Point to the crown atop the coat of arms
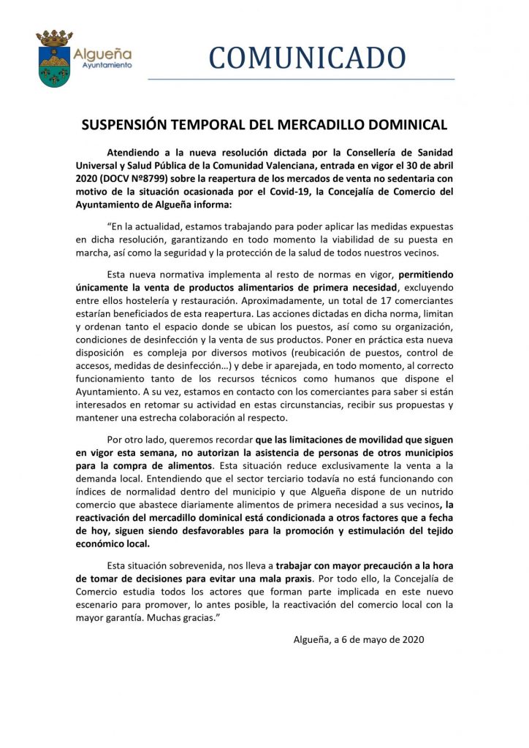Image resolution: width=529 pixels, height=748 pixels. click(53, 37)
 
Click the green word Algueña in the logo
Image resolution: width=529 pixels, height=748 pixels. click(103, 53)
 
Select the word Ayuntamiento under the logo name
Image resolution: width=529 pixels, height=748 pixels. click(102, 65)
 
